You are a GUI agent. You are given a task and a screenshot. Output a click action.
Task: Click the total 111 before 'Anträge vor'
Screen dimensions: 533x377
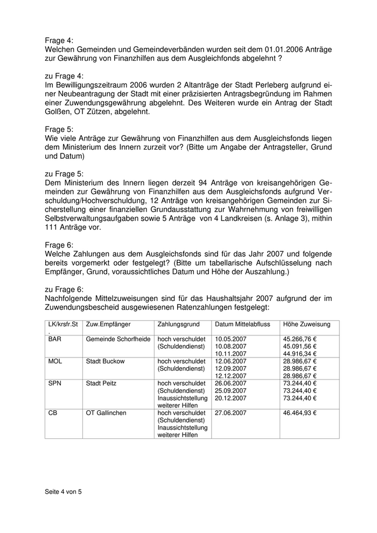tap(51, 228)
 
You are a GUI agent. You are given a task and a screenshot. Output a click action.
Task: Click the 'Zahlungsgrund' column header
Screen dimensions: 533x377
tap(178, 325)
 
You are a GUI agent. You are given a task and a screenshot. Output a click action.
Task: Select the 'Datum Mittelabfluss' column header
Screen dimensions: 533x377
tap(246, 325)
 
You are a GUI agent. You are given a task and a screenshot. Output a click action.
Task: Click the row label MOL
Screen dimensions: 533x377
tap(55, 361)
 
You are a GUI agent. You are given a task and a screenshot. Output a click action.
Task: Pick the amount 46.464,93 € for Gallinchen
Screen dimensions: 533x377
tap(300, 413)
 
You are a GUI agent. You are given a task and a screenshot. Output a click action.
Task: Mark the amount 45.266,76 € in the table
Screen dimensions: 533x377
tap(300, 339)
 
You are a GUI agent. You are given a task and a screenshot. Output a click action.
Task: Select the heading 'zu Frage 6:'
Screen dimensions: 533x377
tap(64, 289)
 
